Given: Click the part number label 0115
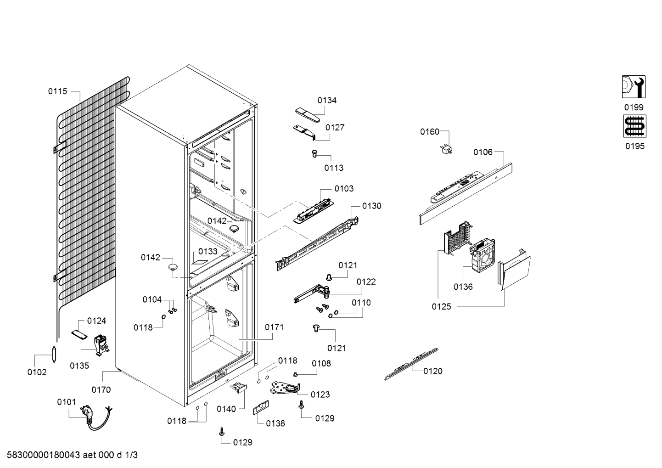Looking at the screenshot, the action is coord(58,91).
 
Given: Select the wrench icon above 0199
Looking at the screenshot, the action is coord(634,87).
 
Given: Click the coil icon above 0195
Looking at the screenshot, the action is coord(634,126).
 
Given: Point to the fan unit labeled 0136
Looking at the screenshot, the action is coord(482,255).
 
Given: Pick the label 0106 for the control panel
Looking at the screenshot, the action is coord(483,152).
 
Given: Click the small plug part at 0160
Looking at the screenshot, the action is coord(446,149).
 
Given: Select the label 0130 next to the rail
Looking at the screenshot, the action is coord(371,206).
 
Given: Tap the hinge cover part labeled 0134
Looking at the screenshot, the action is coord(308,115).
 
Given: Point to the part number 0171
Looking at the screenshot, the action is coord(274,327).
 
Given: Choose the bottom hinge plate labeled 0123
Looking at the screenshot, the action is coord(285,388).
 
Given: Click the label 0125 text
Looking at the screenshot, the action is coord(441,307).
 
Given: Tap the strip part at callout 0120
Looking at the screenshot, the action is coord(411,364).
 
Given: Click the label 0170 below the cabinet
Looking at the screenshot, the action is coord(101,390).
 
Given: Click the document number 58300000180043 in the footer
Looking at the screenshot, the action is coord(44,455).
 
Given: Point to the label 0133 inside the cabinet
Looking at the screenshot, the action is coord(208,252).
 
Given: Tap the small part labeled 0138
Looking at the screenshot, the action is coord(261,408).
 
